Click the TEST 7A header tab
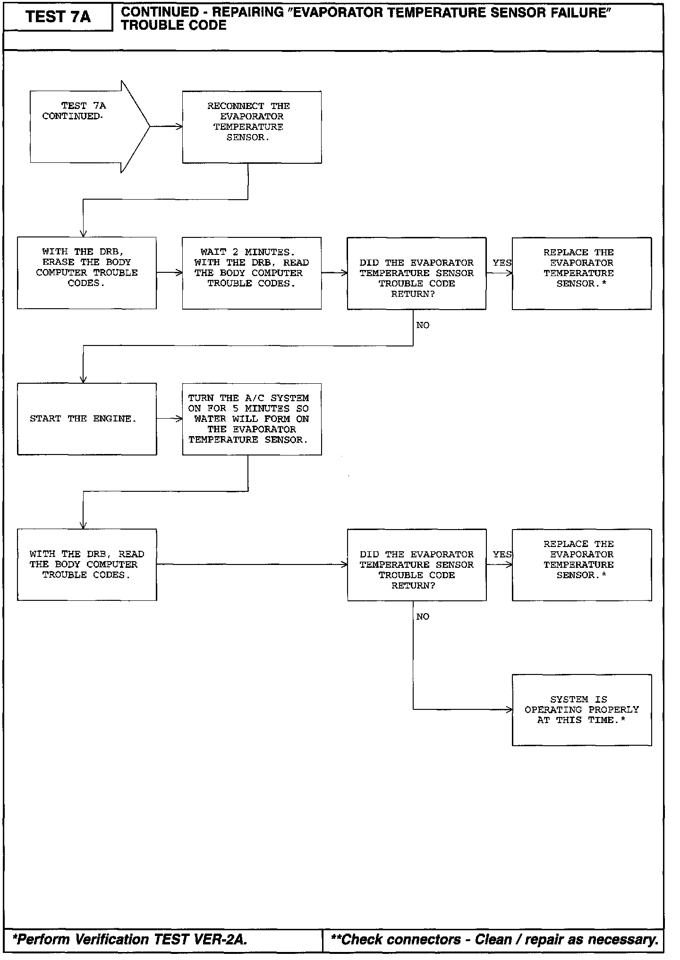[x=58, y=17]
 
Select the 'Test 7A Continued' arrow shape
[x=85, y=126]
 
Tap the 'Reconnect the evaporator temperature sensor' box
[x=252, y=127]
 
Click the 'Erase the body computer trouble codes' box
[x=87, y=273]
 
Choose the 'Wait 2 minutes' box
[x=252, y=273]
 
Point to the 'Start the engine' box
[x=87, y=419]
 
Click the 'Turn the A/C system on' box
[x=252, y=419]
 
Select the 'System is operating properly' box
[x=581, y=710]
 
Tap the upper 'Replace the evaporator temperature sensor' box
[x=581, y=273]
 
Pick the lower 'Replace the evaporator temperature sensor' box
[x=581, y=564]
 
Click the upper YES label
[x=501, y=263]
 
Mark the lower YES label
[x=501, y=555]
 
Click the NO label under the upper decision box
[x=423, y=325]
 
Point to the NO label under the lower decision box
[x=423, y=617]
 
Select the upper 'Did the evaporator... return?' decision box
[x=416, y=273]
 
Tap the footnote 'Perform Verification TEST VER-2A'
[x=130, y=939]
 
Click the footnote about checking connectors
[x=494, y=939]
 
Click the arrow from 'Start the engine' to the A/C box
[x=170, y=419]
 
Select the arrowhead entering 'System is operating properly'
[x=509, y=709]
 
